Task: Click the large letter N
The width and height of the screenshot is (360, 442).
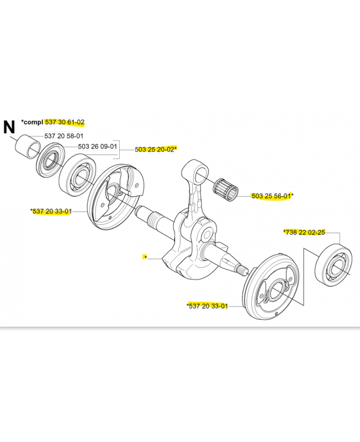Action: pos(9,127)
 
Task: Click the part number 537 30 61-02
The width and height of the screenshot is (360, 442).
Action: pos(65,122)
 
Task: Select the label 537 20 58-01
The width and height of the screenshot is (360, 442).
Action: pos(64,136)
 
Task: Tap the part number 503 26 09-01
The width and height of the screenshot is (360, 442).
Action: pos(98,146)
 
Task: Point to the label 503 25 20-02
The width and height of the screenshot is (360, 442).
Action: pos(155,149)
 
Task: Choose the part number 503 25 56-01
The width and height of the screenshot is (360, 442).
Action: pos(271,196)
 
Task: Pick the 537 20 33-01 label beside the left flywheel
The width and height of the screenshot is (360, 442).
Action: pos(52,211)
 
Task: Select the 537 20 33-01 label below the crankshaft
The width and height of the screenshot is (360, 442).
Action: pos(208,306)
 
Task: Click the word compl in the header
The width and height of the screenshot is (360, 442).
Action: pos(33,122)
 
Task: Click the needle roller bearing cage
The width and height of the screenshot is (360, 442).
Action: pos(225,190)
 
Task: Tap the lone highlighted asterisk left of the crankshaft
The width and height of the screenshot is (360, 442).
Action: pos(145,257)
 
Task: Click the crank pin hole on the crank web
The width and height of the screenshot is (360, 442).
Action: pos(207,234)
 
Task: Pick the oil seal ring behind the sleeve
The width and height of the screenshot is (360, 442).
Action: pos(50,161)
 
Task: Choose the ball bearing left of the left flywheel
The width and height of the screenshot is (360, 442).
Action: pos(77,175)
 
